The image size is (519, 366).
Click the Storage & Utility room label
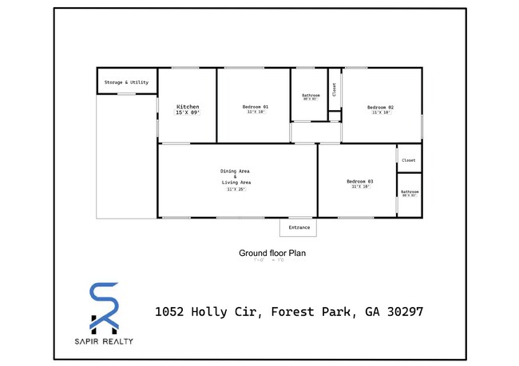pyautogui.click(x=127, y=82)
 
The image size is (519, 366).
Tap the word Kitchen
pyautogui.click(x=188, y=107)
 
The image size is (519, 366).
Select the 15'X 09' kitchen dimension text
pyautogui.click(x=188, y=113)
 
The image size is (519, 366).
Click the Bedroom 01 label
pyautogui.click(x=256, y=107)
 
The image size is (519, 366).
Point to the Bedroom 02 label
pyautogui.click(x=380, y=107)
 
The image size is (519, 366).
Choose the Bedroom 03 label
pyautogui.click(x=359, y=182)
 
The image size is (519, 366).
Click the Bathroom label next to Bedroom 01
pyautogui.click(x=310, y=95)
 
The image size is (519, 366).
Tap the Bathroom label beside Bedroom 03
pyautogui.click(x=410, y=191)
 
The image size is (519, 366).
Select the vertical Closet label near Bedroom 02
pyautogui.click(x=335, y=89)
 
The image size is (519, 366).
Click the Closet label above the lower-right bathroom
pyautogui.click(x=409, y=160)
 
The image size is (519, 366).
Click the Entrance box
pyautogui.click(x=299, y=227)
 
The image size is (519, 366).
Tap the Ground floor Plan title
pyautogui.click(x=272, y=253)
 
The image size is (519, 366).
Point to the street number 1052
pyautogui.click(x=169, y=312)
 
